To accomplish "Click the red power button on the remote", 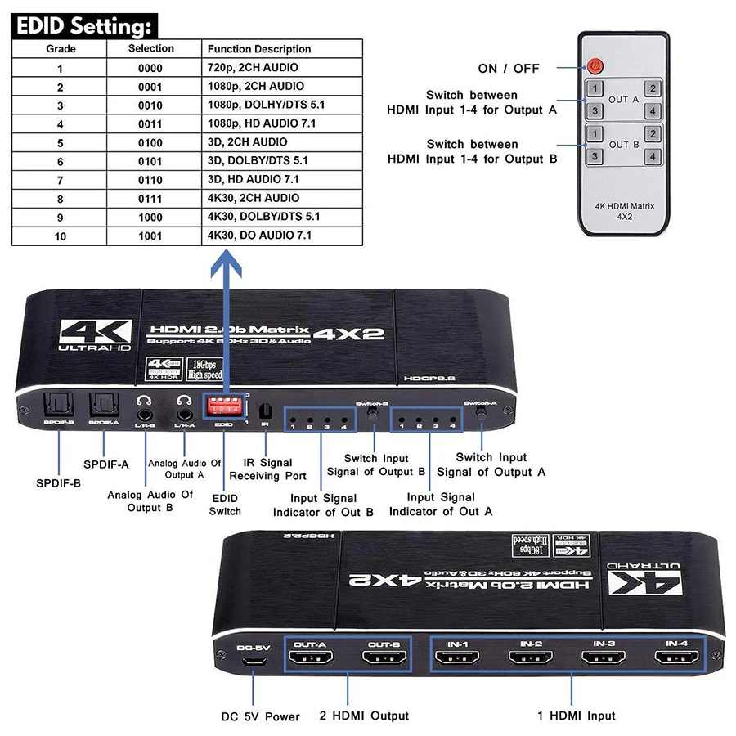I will pos(595,66).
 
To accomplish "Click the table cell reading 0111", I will pos(151,198).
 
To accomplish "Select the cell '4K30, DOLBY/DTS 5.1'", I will pos(263,217).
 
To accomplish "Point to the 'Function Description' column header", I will pos(259,49).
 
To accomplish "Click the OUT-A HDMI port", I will pos(310,658).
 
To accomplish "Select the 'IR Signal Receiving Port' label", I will pos(267,469).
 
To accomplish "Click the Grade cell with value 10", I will pos(61,236).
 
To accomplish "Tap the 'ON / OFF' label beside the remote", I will pos(509,69).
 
